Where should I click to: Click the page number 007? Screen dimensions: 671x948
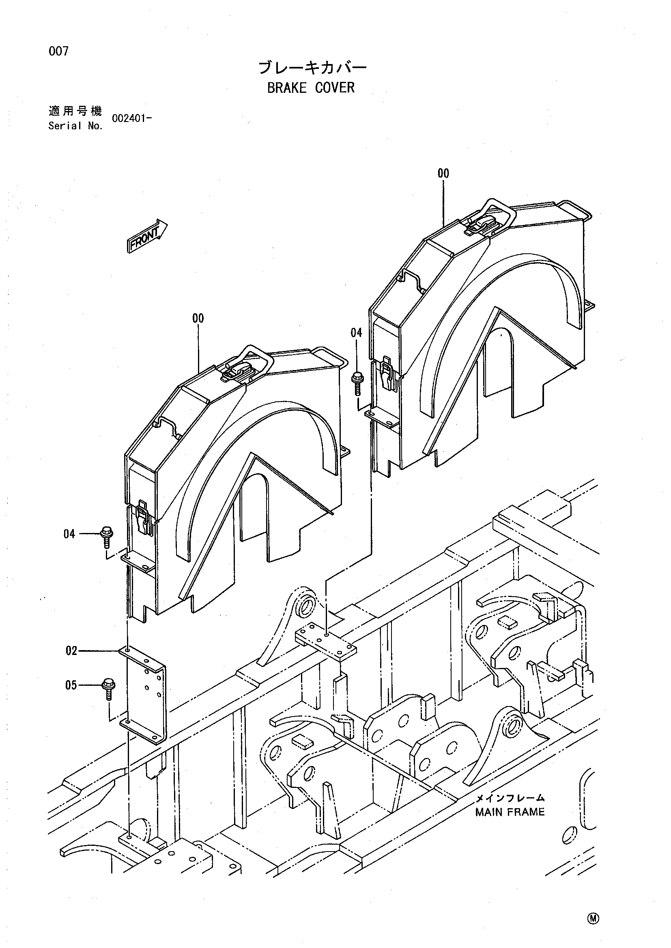click(59, 51)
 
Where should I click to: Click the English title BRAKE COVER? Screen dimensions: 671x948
click(311, 88)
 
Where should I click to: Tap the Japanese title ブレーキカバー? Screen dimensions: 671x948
click(312, 68)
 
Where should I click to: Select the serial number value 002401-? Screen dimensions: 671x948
click(132, 118)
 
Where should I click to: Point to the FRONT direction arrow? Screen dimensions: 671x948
click(147, 236)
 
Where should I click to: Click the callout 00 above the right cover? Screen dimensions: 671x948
click(443, 173)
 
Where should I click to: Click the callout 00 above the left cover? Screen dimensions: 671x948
click(198, 318)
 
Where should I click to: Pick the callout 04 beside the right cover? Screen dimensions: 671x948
click(356, 332)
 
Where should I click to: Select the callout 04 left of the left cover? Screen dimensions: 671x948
click(69, 534)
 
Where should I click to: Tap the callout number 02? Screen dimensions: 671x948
click(71, 651)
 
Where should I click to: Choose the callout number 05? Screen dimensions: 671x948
click(71, 685)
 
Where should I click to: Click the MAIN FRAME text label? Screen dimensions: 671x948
click(510, 812)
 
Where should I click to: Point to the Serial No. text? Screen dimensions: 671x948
click(75, 126)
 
